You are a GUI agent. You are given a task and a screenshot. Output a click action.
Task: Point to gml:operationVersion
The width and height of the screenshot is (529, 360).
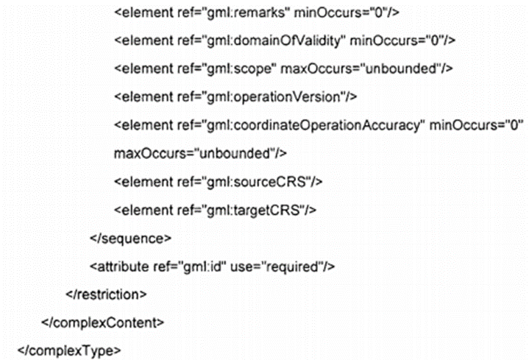(x=265, y=96)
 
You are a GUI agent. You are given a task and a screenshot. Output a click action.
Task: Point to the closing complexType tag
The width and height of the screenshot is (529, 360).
(x=66, y=349)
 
